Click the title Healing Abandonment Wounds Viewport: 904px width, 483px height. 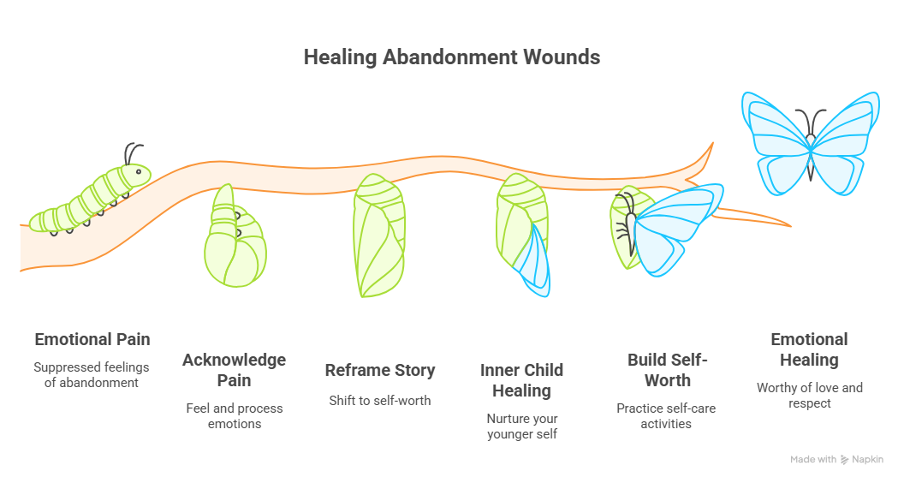451,57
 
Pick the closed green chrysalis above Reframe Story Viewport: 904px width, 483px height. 378,236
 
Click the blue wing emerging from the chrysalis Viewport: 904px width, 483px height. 536,261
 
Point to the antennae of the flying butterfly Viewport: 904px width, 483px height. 809,120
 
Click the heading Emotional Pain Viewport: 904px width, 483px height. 92,339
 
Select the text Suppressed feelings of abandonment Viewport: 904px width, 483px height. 92,374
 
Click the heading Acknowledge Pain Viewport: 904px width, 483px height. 234,369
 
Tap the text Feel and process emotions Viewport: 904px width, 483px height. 234,415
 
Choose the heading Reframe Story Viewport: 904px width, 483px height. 380,370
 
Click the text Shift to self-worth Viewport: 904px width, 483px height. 380,400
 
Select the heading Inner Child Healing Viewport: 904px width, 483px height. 521,380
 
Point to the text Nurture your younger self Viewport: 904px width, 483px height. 521,426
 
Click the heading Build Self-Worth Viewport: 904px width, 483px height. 667,369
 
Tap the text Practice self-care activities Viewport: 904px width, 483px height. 667,415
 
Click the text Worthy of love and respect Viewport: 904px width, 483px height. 809,395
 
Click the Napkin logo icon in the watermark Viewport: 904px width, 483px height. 846,460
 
